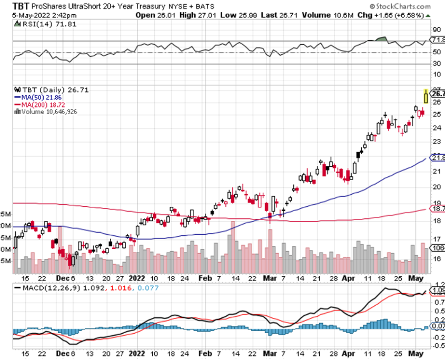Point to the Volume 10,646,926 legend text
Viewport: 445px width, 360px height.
[48, 111]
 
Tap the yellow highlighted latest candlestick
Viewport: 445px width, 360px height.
[427, 96]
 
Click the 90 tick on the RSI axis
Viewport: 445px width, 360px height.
[436, 30]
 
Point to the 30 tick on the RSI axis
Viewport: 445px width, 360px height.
[436, 64]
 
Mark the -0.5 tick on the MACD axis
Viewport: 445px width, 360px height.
[437, 346]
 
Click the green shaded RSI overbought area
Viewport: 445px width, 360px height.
[378, 39]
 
